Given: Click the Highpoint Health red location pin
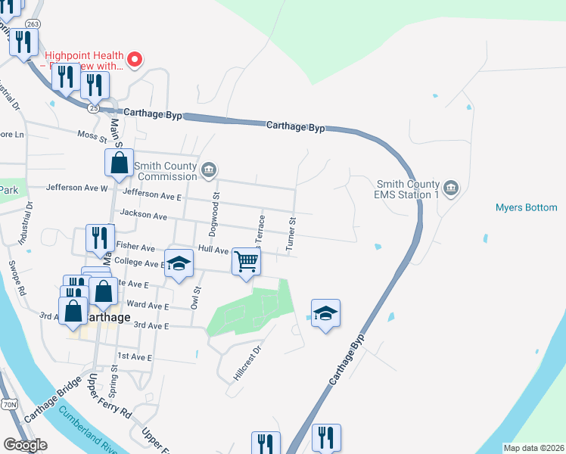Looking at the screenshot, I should coord(136,59).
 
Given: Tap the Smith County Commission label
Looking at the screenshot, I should coord(165,171).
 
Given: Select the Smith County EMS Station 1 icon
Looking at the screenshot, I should coord(451,187).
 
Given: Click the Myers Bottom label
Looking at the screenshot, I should coord(526,207).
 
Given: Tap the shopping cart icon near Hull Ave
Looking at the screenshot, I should coord(246,263).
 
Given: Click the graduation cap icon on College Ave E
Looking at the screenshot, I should coord(179,264).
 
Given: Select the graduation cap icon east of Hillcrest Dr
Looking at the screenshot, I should coord(325,313).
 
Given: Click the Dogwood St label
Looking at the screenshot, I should coord(216,206).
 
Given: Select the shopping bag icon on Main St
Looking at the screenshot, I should coord(119,162).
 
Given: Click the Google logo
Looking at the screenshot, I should coord(25,445).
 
